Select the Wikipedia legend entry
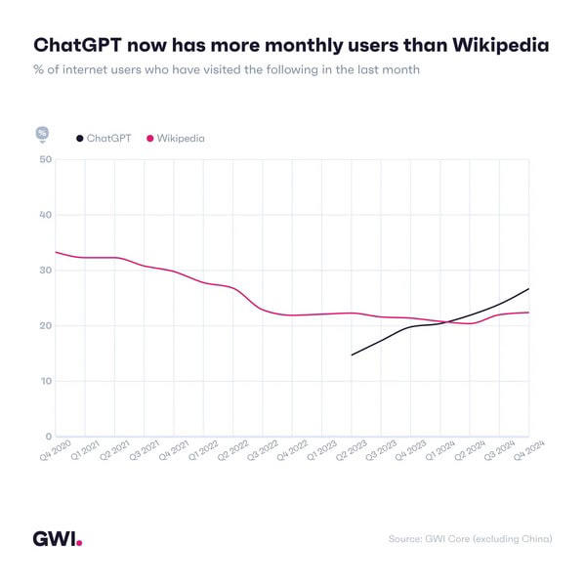(x=176, y=139)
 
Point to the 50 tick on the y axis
(x=45, y=159)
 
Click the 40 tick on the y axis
(x=45, y=215)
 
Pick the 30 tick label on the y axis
(x=45, y=271)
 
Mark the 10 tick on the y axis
(x=45, y=381)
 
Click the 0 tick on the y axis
(x=48, y=437)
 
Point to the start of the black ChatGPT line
(x=352, y=355)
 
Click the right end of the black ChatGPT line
(x=528, y=289)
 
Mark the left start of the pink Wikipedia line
(x=56, y=252)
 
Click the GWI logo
(x=58, y=538)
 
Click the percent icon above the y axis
(x=42, y=133)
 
